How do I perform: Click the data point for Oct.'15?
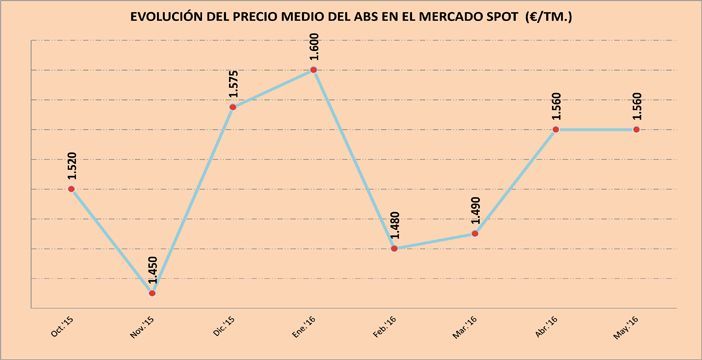click(x=71, y=189)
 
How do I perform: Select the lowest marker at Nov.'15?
click(x=152, y=293)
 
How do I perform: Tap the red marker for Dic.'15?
click(x=232, y=107)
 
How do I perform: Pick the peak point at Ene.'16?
click(x=314, y=70)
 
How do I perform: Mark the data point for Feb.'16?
click(x=394, y=248)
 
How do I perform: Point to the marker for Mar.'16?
click(x=475, y=233)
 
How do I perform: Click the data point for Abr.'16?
click(x=556, y=129)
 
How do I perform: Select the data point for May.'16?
click(x=637, y=129)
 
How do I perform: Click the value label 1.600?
click(x=314, y=49)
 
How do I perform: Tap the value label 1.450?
click(x=152, y=272)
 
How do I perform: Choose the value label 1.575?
click(x=233, y=86)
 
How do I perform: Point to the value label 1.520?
click(x=71, y=168)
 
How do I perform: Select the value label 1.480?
click(x=395, y=227)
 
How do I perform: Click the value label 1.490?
click(x=476, y=212)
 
